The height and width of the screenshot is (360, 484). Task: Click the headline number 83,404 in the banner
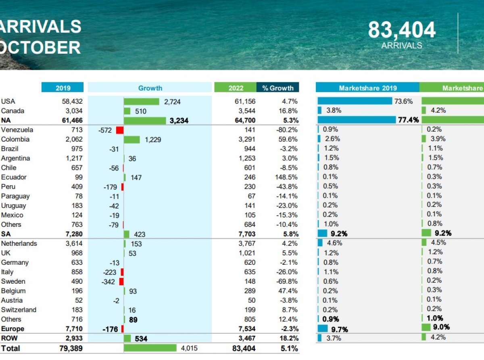[401, 30]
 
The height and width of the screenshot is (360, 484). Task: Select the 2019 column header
[63, 88]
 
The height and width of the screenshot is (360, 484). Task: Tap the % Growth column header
[277, 88]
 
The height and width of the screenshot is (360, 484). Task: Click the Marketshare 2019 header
[367, 88]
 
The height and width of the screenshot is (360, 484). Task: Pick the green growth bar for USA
[141, 102]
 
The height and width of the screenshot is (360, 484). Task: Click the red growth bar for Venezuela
[119, 130]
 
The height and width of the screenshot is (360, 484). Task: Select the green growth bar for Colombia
[131, 140]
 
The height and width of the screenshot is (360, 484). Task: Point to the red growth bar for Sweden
[121, 282]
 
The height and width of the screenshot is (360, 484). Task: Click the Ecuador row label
[14, 177]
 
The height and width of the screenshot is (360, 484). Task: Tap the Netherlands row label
[19, 243]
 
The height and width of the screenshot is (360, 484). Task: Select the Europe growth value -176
[110, 329]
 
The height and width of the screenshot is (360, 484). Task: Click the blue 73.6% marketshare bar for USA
[355, 101]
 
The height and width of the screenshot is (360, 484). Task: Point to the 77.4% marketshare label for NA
[408, 120]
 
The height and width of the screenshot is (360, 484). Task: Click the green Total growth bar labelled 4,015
[150, 348]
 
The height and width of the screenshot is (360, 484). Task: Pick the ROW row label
[10, 338]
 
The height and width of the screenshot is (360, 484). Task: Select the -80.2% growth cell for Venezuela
[286, 130]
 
